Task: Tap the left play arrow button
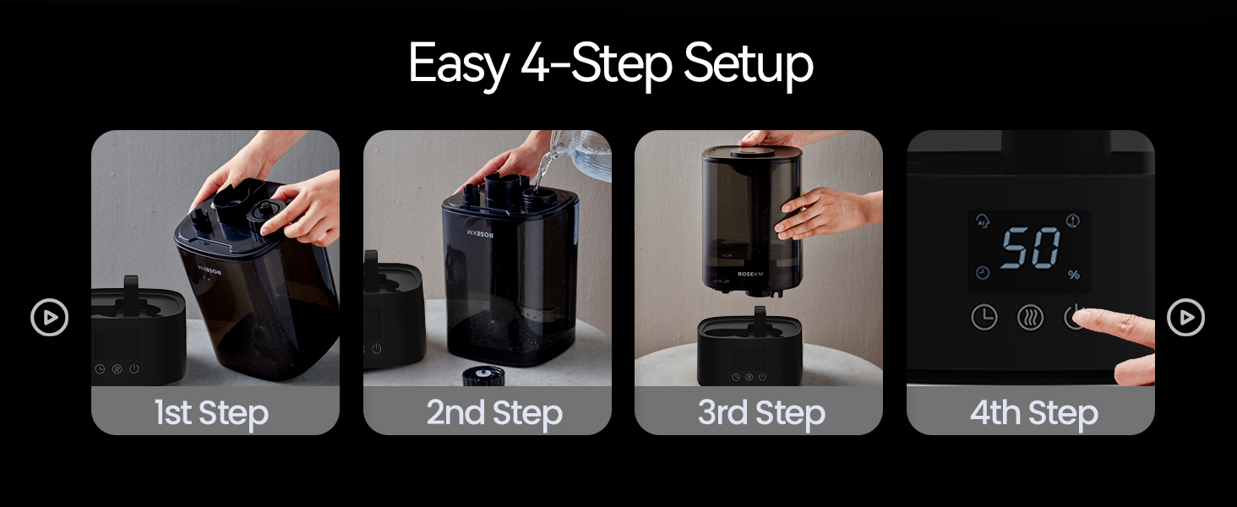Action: pos(49,318)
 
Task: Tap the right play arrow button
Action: pos(1185,318)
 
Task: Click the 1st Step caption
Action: pos(211,413)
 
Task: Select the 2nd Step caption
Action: pos(494,413)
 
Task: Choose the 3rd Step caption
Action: pos(761,413)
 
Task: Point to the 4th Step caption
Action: pos(1033,413)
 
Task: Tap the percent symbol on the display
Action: pos(1073,275)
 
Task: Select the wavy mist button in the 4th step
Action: pos(1030,318)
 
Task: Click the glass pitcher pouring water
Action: pos(583,154)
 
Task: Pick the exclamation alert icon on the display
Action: pos(1073,221)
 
